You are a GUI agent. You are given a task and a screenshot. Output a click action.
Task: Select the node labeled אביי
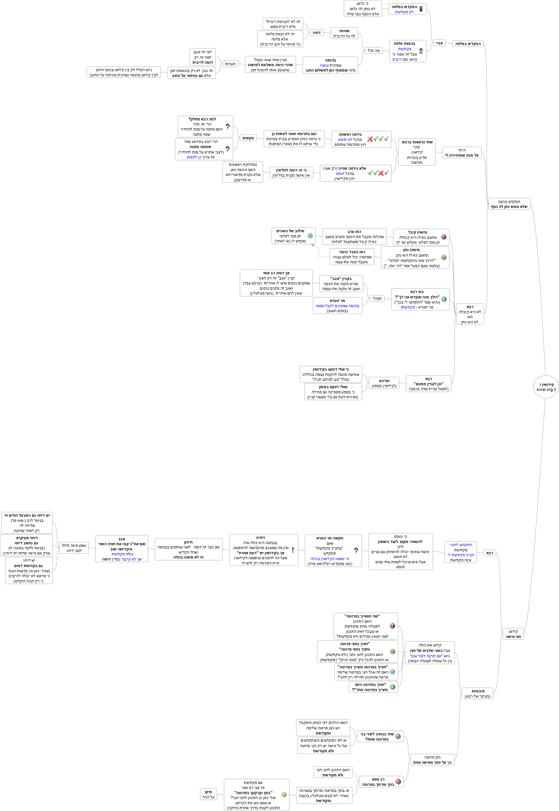coord(439,43)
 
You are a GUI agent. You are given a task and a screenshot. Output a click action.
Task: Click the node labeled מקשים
coord(248,138)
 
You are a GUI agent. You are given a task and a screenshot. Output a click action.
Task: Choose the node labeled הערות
coord(230,64)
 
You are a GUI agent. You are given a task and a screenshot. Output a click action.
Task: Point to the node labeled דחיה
coord(316,33)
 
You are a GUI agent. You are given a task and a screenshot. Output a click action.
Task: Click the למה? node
coord(377,298)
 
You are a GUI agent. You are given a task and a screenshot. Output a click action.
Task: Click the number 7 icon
coord(284,795)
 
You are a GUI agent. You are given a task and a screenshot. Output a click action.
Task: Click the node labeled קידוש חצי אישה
coord(513,634)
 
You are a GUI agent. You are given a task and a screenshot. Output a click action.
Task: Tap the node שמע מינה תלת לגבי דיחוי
coord(74,548)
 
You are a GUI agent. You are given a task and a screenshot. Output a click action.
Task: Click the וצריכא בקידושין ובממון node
coord(384,383)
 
